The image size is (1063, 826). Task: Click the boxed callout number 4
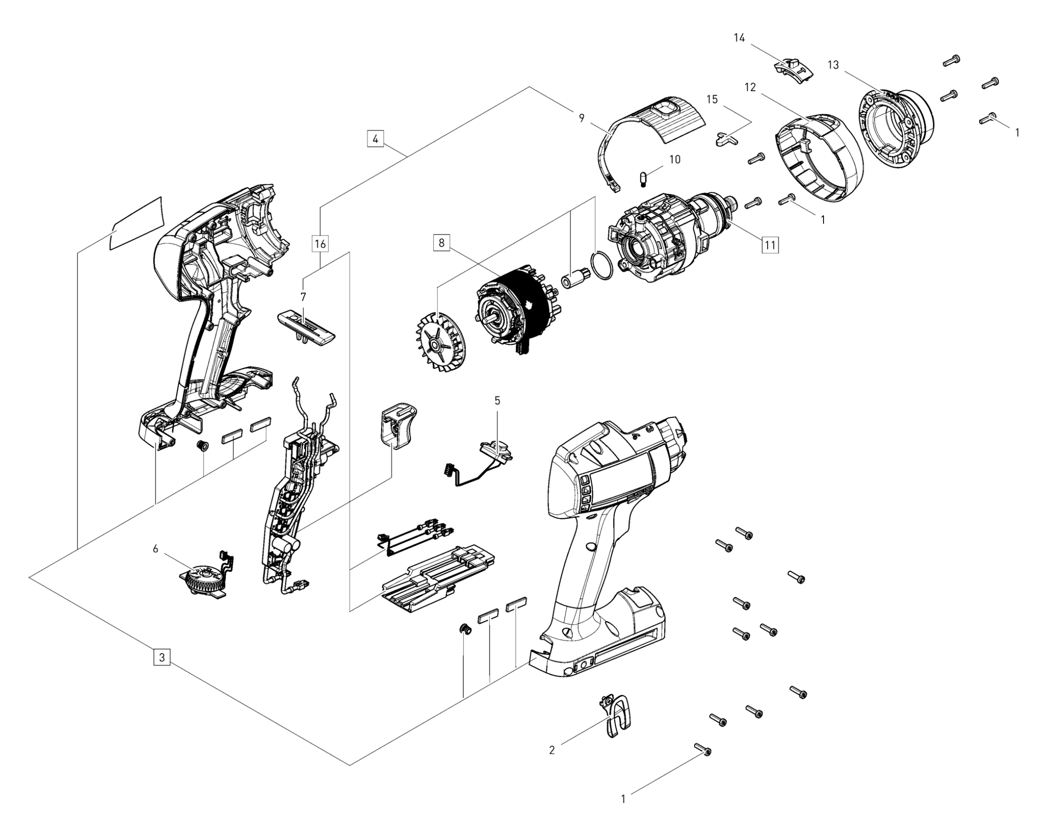click(375, 139)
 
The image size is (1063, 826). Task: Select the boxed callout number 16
click(320, 244)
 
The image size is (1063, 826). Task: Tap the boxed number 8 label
click(441, 242)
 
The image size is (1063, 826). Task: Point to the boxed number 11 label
click(770, 245)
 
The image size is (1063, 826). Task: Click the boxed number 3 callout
click(162, 657)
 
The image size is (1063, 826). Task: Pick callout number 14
click(739, 38)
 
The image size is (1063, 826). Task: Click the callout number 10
click(675, 159)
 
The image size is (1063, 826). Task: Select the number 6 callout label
click(156, 549)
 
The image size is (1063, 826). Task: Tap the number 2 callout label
click(551, 750)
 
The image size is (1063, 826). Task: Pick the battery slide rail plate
click(439, 579)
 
